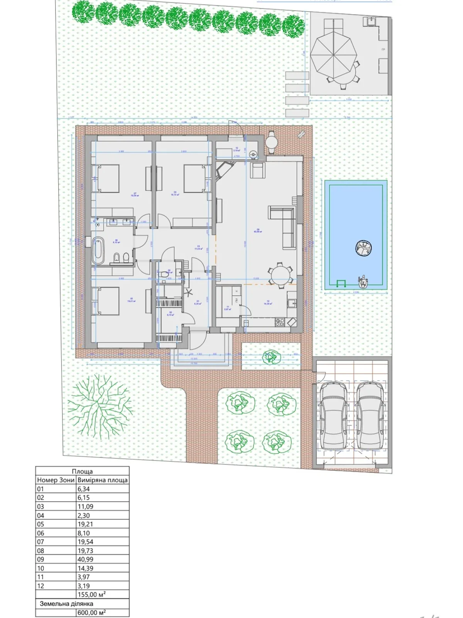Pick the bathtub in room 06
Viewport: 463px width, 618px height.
pos(98,251)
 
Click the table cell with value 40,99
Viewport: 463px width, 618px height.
pos(102,559)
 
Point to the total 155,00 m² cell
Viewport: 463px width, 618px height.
pos(102,594)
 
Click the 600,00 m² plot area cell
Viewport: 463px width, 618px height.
pos(102,613)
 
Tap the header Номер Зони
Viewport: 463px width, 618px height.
pos(56,480)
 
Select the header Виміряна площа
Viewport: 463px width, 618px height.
pos(103,480)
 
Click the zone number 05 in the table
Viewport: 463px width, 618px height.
pos(41,524)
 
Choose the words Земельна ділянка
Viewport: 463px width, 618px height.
pos(66,603)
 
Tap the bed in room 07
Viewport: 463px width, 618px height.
pos(107,178)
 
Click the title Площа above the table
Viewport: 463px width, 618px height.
pos(82,471)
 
